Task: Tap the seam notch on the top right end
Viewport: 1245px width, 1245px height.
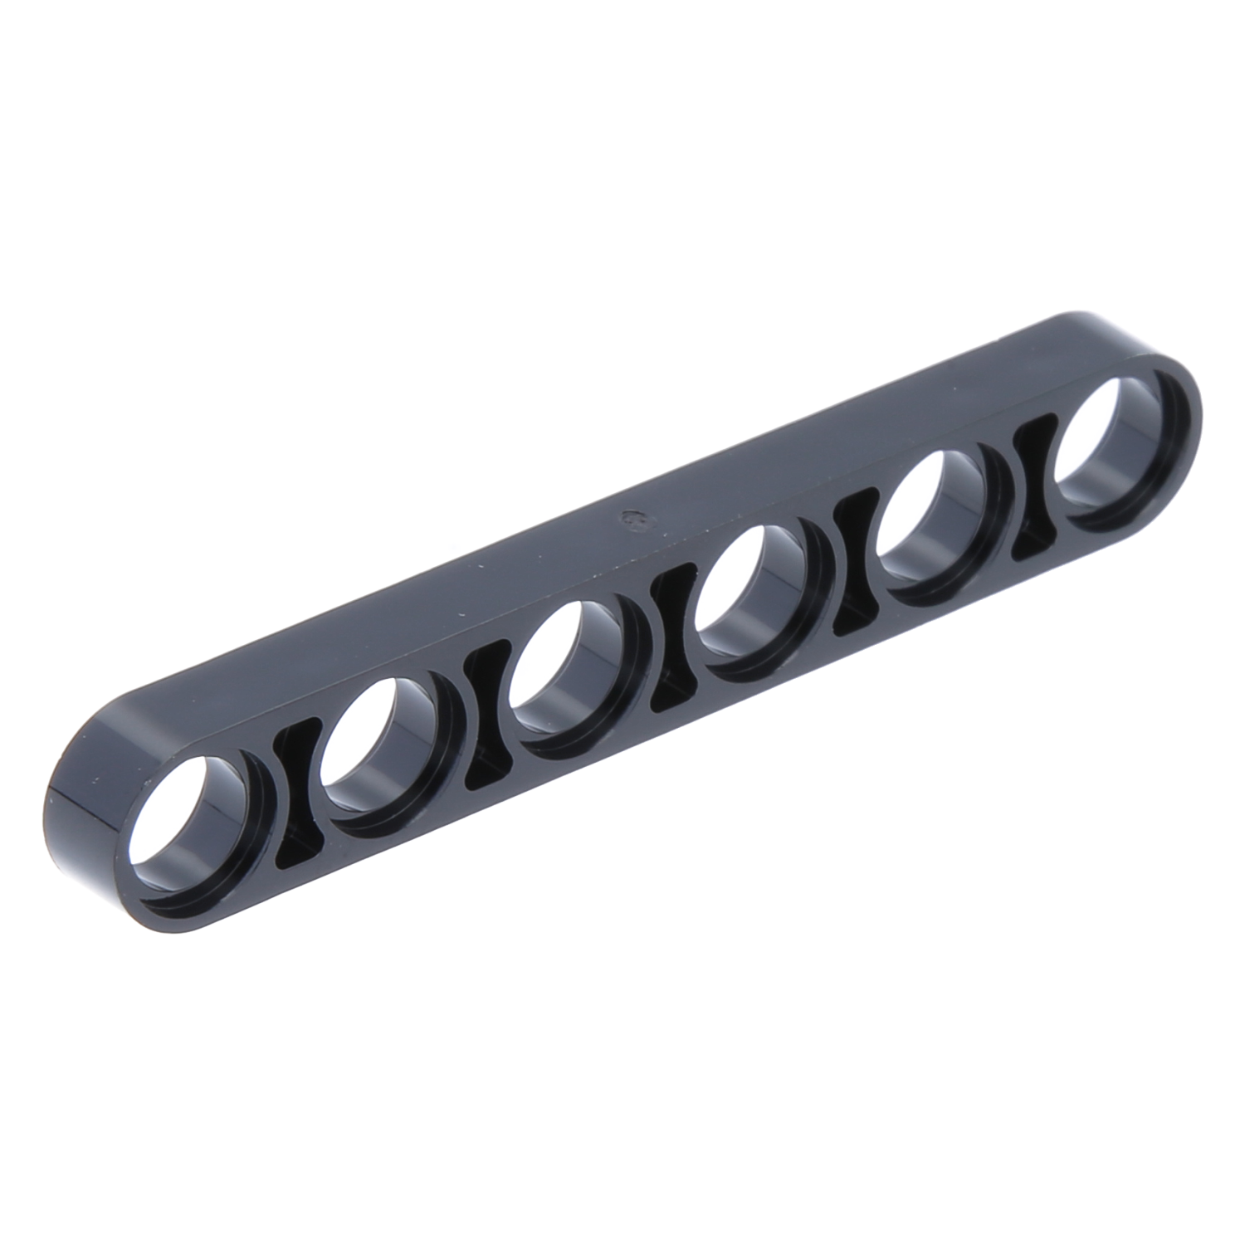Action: [1008, 339]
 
